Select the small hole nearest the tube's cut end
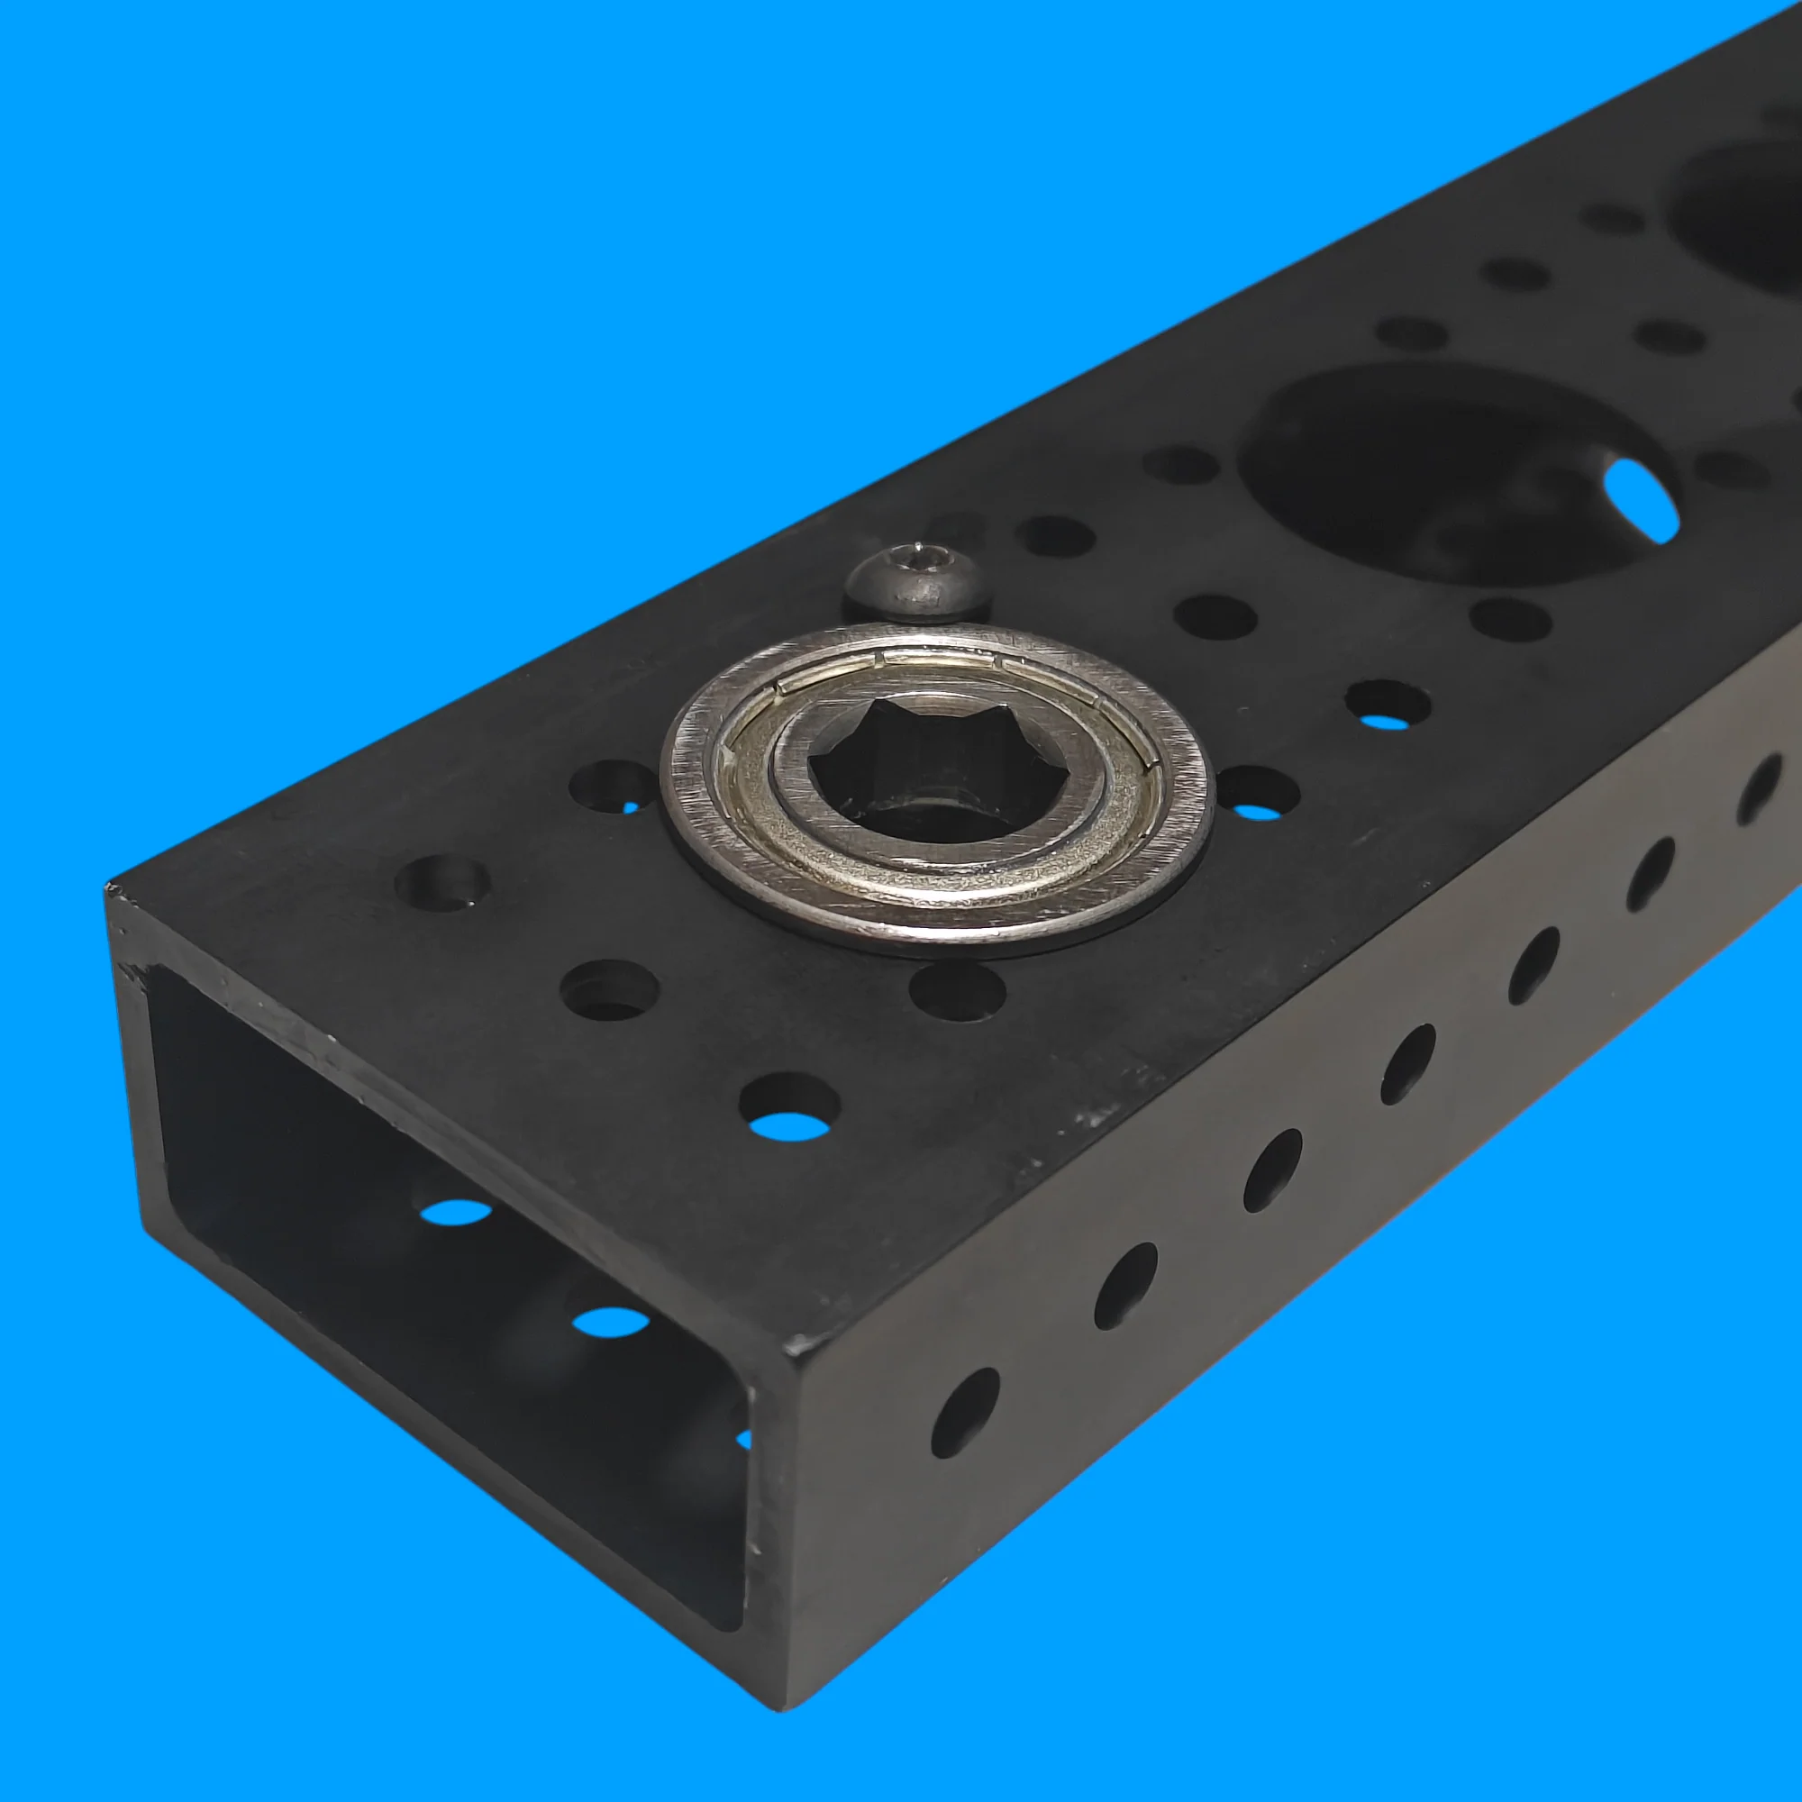pyautogui.click(x=442, y=881)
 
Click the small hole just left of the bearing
pyautogui.click(x=613, y=786)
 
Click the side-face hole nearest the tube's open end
pyautogui.click(x=964, y=1414)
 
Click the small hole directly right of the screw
pyautogui.click(x=1055, y=536)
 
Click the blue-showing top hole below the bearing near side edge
pyautogui.click(x=789, y=1109)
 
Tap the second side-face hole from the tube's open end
pyautogui.click(x=1124, y=1287)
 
